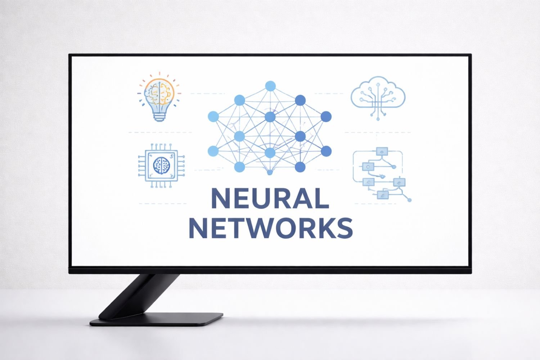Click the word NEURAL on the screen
pyautogui.click(x=270, y=198)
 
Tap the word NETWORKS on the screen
pyautogui.click(x=271, y=228)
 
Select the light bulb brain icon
pyautogui.click(x=159, y=97)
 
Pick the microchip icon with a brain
pyautogui.click(x=161, y=165)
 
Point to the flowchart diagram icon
pyautogui.click(x=382, y=175)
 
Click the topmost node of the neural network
pyautogui.click(x=270, y=86)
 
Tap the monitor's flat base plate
pyautogui.click(x=157, y=319)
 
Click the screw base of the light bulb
pyautogui.click(x=159, y=117)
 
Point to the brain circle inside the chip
pyautogui.click(x=162, y=165)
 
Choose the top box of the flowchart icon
pyautogui.click(x=382, y=152)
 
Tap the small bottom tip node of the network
pyautogui.click(x=270, y=172)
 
